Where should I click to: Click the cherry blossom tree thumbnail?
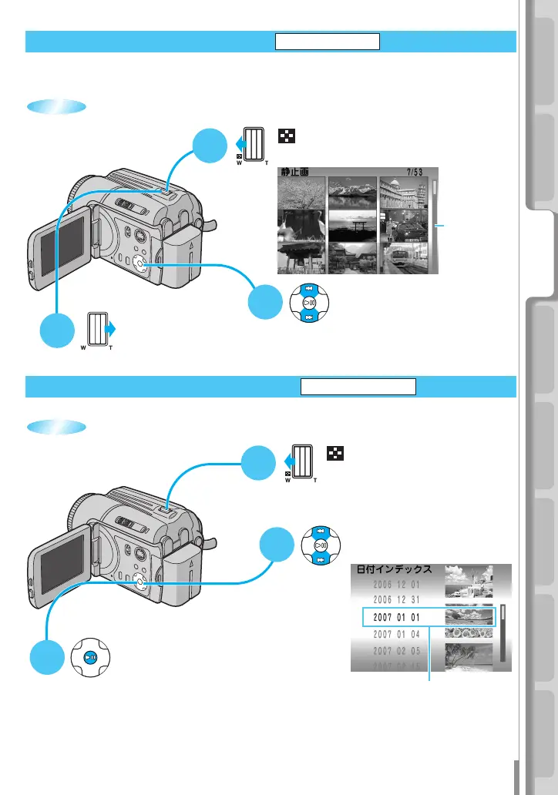tap(301, 193)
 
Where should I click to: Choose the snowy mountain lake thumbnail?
tap(353, 193)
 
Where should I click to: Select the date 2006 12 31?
tap(395, 600)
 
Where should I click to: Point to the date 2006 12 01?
tap(395, 584)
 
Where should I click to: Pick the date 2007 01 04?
tap(395, 634)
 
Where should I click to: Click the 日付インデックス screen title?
tap(398, 570)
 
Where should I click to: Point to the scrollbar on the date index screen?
tap(503, 632)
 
